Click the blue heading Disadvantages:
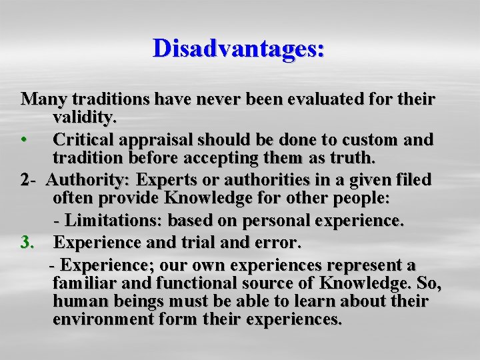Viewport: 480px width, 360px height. [239, 49]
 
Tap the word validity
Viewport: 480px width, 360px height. [85, 119]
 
